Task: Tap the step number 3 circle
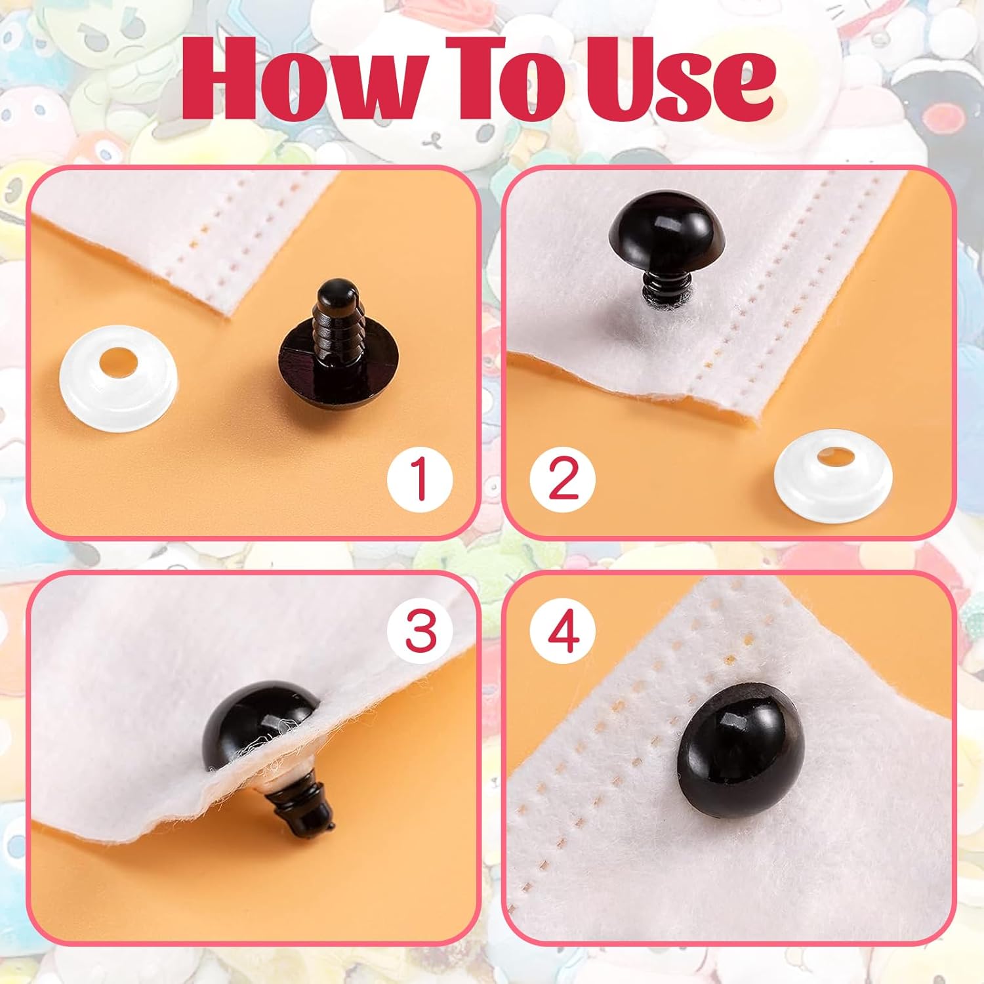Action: point(420,630)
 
